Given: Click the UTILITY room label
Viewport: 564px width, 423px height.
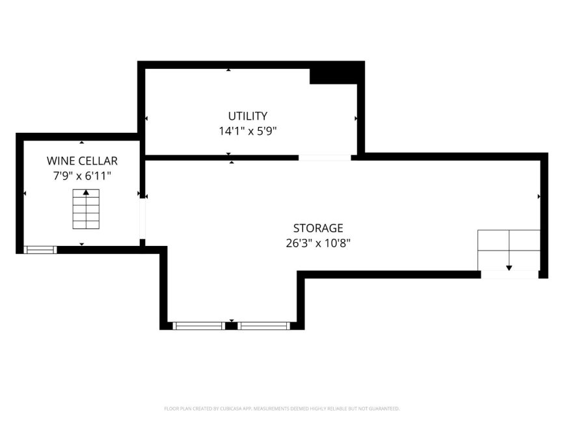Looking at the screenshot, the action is click(x=247, y=116).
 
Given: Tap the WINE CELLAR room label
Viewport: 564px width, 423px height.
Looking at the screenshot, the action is click(x=82, y=161).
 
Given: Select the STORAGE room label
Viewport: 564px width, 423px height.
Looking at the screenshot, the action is click(x=318, y=228).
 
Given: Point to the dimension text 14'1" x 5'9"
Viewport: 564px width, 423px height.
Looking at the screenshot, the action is click(x=247, y=131).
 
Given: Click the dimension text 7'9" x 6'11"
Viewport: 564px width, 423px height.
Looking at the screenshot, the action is click(x=82, y=176).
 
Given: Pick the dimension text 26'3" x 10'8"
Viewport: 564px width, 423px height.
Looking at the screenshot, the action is click(x=318, y=243).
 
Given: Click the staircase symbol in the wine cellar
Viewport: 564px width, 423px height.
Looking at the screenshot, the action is click(x=86, y=209).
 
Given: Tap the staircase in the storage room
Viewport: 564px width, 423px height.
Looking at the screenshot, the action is click(x=509, y=250).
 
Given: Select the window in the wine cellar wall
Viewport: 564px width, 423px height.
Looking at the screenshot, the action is click(x=40, y=250).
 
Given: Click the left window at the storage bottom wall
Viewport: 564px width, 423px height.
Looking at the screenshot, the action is click(x=199, y=326).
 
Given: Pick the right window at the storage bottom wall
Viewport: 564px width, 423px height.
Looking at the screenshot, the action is click(x=263, y=326).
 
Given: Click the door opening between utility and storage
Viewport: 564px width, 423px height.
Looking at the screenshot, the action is click(x=325, y=157).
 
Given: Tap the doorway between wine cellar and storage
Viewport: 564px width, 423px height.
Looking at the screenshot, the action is click(x=142, y=219).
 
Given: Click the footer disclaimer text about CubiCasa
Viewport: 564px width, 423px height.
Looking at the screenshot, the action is click(x=282, y=409).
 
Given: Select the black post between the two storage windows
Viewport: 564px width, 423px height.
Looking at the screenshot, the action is click(x=232, y=326).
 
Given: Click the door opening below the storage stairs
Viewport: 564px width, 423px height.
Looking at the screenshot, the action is click(x=510, y=275).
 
